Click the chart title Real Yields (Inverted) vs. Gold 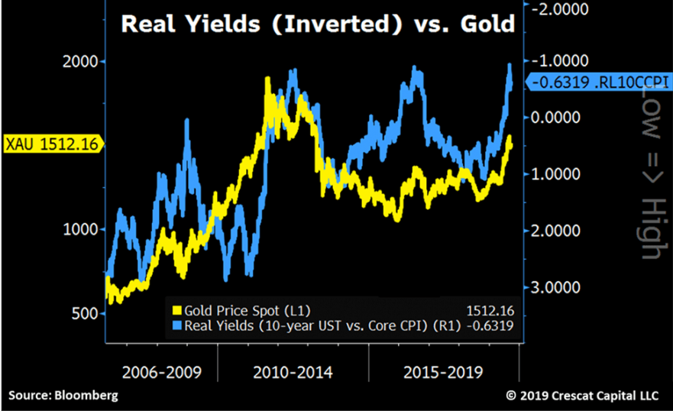pyautogui.click(x=317, y=24)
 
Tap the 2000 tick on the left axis pyautogui.click(x=79, y=62)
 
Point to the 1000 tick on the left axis pyautogui.click(x=79, y=229)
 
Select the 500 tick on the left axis pyautogui.click(x=84, y=314)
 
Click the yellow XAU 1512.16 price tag pyautogui.click(x=52, y=143)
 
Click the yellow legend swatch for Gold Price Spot pyautogui.click(x=178, y=311)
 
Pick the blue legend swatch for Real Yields pyautogui.click(x=178, y=326)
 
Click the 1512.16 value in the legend pyautogui.click(x=490, y=311)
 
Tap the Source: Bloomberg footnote pyautogui.click(x=63, y=395)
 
